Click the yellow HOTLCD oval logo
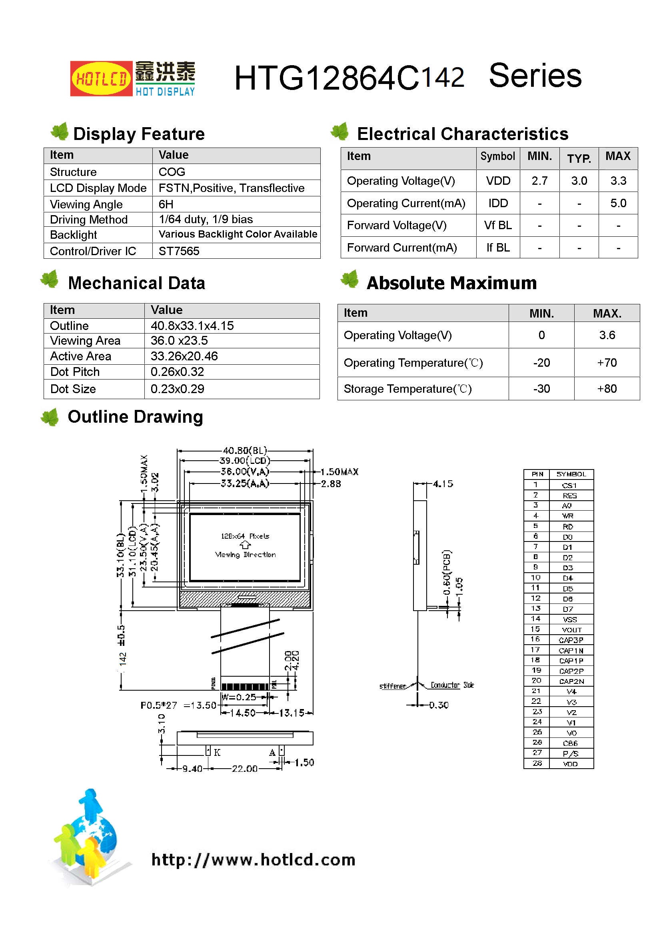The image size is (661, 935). (101, 78)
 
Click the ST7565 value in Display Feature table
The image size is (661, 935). (179, 251)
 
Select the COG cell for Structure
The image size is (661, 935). (172, 172)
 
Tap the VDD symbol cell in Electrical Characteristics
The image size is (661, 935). (498, 181)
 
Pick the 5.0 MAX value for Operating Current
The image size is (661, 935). (618, 203)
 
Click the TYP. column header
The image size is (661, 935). (579, 158)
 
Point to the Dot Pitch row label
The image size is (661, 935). (75, 372)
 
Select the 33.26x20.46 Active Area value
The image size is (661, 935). (184, 356)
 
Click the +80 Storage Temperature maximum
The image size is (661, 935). (607, 389)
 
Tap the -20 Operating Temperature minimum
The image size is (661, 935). (541, 363)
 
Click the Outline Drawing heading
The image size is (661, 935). (135, 417)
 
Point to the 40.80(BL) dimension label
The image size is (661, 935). (245, 450)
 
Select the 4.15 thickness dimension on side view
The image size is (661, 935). (443, 484)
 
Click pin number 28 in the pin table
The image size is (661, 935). (537, 763)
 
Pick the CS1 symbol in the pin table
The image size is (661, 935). (569, 485)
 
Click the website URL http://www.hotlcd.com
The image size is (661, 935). (253, 860)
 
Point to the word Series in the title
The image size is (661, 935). (535, 76)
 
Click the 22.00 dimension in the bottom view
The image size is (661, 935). (244, 769)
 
